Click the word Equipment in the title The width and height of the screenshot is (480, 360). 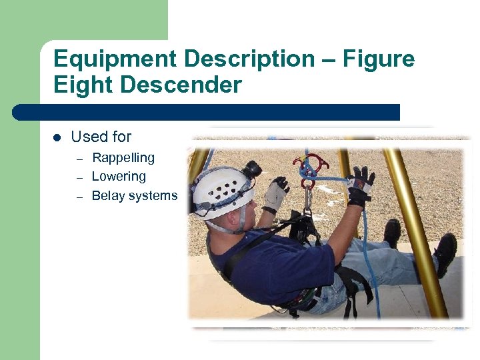tap(115, 59)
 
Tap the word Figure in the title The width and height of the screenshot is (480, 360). tap(378, 59)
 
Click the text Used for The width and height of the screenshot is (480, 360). tap(101, 137)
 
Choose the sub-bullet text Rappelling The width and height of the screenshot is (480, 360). tap(123, 157)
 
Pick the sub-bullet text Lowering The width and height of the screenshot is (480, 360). tap(119, 177)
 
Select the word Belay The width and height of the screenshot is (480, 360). tap(107, 195)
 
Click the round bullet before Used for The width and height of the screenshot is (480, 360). tap(57, 137)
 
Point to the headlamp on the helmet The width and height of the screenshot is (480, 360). tap(252, 169)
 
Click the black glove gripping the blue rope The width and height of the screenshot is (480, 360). tap(359, 185)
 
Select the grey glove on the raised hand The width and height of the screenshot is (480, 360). tap(275, 193)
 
